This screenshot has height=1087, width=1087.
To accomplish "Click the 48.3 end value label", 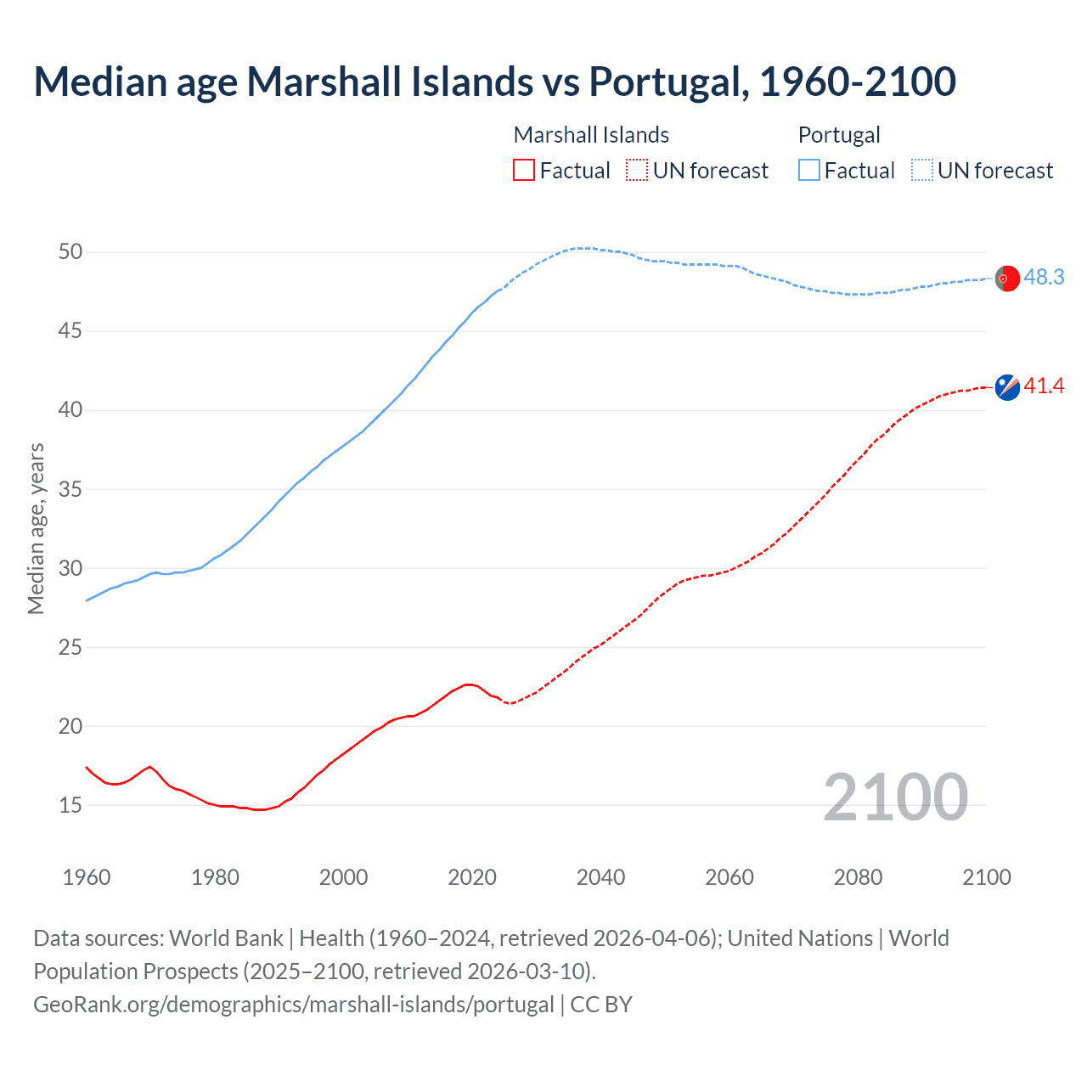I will [x=1044, y=278].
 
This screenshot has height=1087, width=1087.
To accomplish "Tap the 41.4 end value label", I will [x=1044, y=386].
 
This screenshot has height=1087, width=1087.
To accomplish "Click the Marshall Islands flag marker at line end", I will [x=1007, y=386].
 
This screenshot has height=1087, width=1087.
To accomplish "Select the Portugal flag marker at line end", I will [x=1007, y=279].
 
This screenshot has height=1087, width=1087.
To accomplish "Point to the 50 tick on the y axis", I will [x=70, y=252].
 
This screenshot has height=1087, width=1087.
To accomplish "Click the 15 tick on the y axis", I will [x=70, y=805].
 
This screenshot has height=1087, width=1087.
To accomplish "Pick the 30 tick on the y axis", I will [x=70, y=568].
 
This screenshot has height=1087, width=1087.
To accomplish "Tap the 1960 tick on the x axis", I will [x=87, y=877].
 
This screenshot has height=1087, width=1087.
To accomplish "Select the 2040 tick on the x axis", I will [x=600, y=877].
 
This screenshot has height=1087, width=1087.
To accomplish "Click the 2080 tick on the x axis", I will [x=858, y=877].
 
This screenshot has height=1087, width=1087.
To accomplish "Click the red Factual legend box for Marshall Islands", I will [x=524, y=171].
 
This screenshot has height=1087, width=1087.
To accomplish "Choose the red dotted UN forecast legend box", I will [x=637, y=171].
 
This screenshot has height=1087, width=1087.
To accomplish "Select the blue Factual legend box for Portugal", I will [x=809, y=171].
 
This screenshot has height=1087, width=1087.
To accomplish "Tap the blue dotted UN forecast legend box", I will [x=922, y=171].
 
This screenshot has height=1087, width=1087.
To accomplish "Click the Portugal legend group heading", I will [x=839, y=135].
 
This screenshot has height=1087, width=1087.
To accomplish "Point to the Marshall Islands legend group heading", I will [x=591, y=135].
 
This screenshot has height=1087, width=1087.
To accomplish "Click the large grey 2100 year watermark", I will [x=896, y=797].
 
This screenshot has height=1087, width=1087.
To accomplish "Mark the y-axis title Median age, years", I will [x=36, y=528].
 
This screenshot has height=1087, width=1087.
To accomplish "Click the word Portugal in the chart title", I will [x=668, y=82].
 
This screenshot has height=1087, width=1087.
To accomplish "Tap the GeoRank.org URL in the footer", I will [x=293, y=1005].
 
